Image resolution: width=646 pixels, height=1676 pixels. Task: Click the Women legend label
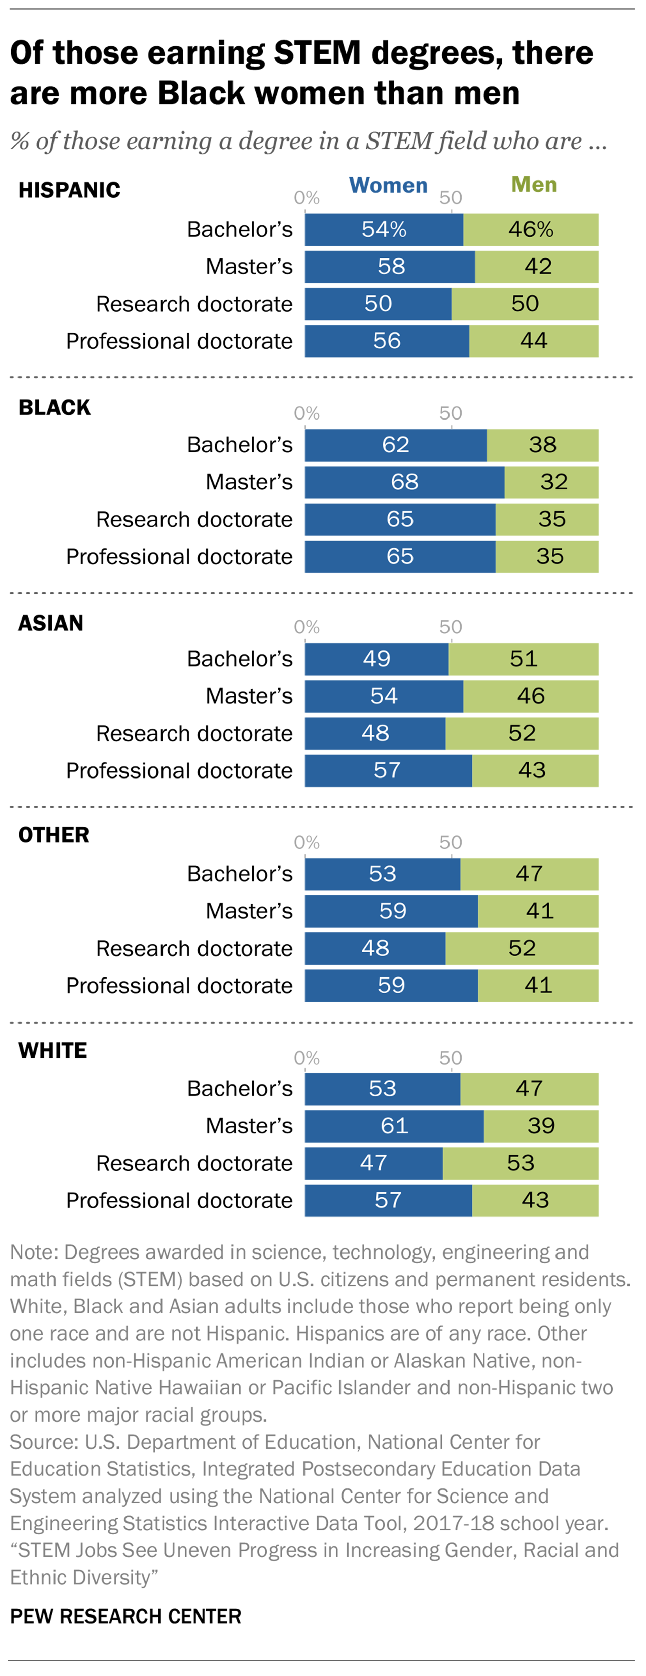[388, 186]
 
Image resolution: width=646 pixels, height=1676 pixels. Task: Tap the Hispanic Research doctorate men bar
[525, 304]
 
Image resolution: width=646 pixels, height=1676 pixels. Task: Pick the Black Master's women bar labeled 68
[404, 482]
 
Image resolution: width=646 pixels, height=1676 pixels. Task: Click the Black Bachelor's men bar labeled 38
[542, 445]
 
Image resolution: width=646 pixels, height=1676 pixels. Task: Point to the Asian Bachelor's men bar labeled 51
[524, 659]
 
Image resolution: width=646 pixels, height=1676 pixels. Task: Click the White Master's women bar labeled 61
[394, 1126]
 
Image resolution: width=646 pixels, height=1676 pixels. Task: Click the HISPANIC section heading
[69, 190]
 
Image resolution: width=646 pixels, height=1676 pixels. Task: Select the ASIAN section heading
[51, 623]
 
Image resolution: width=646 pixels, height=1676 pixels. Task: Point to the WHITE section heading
[53, 1051]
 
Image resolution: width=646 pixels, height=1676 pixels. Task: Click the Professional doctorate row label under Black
[179, 557]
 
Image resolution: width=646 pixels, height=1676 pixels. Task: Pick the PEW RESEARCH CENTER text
[126, 1616]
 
